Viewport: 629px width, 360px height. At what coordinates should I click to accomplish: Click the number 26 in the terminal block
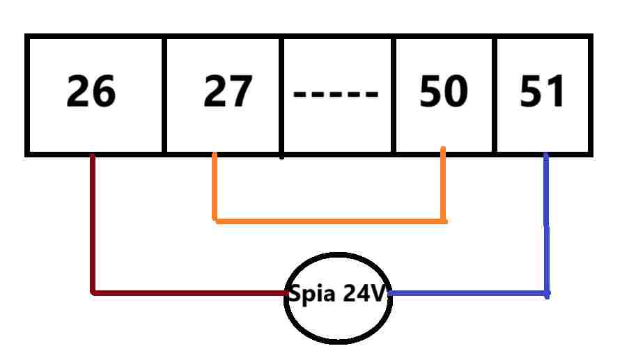coord(91,92)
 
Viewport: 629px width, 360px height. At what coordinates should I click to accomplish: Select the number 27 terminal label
coord(228,92)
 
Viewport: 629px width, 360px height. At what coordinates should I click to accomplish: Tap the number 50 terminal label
coord(444,92)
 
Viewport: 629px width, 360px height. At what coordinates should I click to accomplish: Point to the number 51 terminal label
coord(543,92)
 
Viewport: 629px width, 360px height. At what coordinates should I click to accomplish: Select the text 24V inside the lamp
coord(363,294)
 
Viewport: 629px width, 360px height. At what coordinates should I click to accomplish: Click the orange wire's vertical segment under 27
coord(215,187)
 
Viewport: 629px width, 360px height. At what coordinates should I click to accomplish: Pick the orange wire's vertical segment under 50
coord(443,185)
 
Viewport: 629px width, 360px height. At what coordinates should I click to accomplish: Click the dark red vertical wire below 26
coord(92,223)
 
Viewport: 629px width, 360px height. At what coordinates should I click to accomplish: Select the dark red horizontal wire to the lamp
coord(188,292)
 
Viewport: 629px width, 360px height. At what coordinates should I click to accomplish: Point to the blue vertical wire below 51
coord(546,223)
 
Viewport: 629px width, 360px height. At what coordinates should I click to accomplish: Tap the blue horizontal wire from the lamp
coord(467,293)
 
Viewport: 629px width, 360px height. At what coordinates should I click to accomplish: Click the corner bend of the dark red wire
coord(93,292)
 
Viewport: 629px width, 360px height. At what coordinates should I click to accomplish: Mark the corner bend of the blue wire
coord(546,293)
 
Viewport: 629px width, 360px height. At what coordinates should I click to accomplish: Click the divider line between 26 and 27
coord(164,94)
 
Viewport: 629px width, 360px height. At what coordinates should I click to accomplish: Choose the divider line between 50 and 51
coord(495,94)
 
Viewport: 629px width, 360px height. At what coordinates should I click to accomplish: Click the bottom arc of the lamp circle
coord(339,341)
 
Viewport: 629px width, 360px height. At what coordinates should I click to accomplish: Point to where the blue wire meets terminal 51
coord(545,155)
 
